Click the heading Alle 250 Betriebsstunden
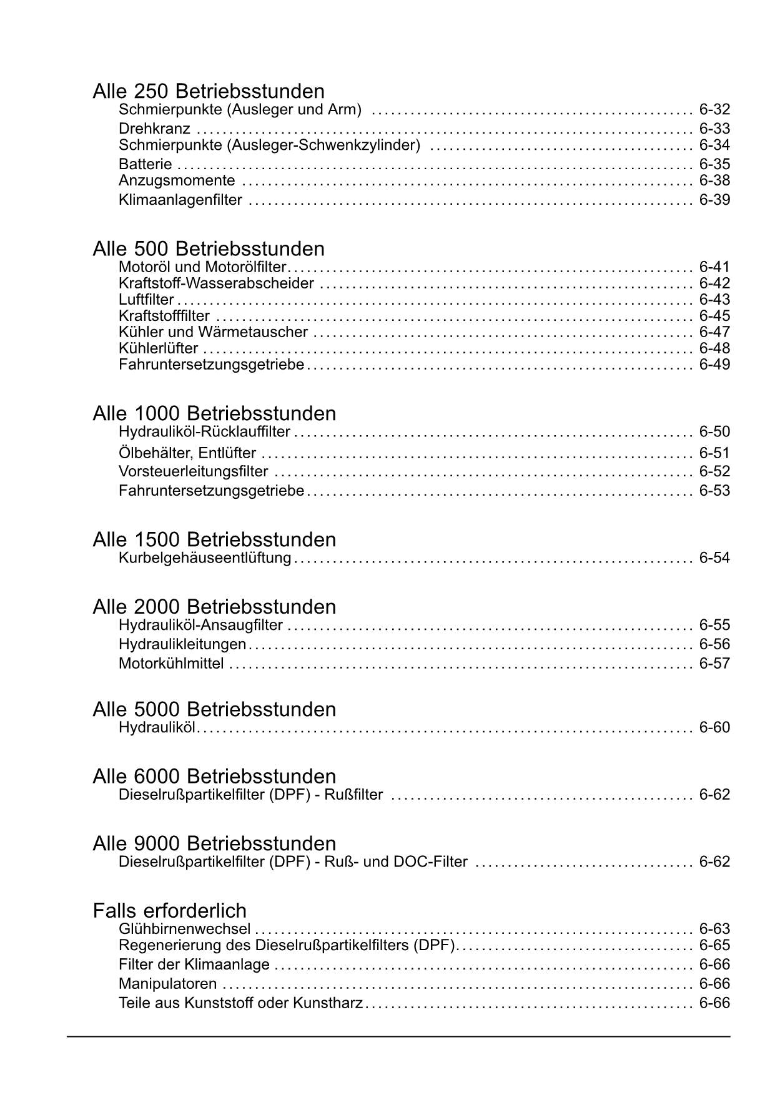tap(209, 91)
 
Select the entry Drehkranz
tap(154, 129)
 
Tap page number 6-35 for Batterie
tap(714, 164)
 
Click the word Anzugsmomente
tap(177, 180)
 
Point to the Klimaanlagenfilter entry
tap(180, 200)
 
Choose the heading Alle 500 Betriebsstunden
tap(209, 248)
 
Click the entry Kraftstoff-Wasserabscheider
tap(216, 283)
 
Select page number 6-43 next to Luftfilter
tap(714, 300)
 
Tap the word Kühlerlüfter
tap(159, 348)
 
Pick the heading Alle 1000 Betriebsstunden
tap(214, 413)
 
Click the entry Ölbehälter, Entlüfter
tap(187, 453)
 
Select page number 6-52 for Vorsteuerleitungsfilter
tap(714, 471)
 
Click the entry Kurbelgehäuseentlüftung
tap(205, 557)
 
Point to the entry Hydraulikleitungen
tap(182, 644)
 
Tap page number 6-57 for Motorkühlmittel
tap(714, 663)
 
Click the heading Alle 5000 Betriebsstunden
tap(214, 709)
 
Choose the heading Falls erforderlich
tap(170, 910)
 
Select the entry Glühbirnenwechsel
tap(184, 929)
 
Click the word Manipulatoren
tap(167, 984)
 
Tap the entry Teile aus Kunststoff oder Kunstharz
tap(241, 1003)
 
